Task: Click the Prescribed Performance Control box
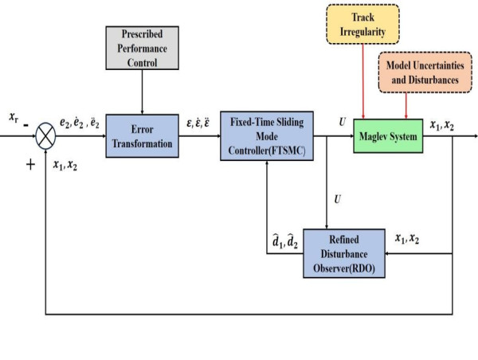coord(142,48)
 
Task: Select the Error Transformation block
coord(142,136)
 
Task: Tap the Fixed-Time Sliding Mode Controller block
coord(267,136)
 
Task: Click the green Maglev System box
coord(388,136)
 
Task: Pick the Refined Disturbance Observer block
coord(344,253)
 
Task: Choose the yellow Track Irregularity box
coord(362,24)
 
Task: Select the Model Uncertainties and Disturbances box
coord(425,72)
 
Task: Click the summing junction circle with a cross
coord(45,136)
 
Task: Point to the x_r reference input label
coord(14,117)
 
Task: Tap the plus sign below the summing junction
coord(30,165)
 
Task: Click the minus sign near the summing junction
coord(26,125)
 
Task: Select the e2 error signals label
coord(79,123)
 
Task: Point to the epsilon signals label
coord(198,123)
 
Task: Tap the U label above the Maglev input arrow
coord(342,122)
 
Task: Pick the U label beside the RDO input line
coord(337,199)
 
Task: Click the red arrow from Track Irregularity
coord(362,81)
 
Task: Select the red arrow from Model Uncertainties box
coord(406,105)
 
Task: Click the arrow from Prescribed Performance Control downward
coord(142,92)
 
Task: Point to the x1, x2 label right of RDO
coord(407,238)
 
